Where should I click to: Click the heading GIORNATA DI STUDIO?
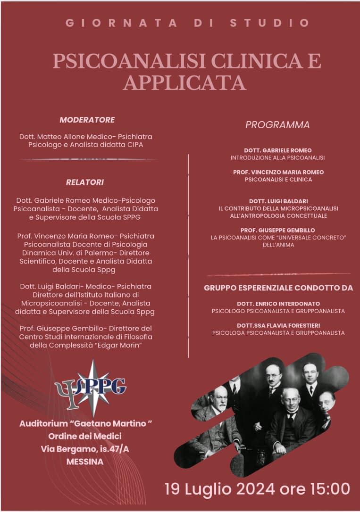click(x=188, y=23)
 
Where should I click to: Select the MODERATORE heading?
click(x=87, y=120)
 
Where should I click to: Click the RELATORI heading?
click(x=85, y=182)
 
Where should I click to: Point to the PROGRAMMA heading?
click(x=277, y=125)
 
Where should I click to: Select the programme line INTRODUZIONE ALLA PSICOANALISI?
click(x=277, y=158)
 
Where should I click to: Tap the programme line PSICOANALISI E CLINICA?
click(x=278, y=180)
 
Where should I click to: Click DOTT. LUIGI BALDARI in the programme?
click(x=278, y=201)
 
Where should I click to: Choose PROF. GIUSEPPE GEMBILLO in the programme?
click(x=278, y=230)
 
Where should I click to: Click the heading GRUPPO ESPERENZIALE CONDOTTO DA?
click(x=278, y=288)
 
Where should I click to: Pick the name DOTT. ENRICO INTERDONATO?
click(x=278, y=304)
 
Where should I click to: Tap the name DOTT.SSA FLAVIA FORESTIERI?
click(x=278, y=325)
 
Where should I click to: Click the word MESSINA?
click(x=85, y=462)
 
